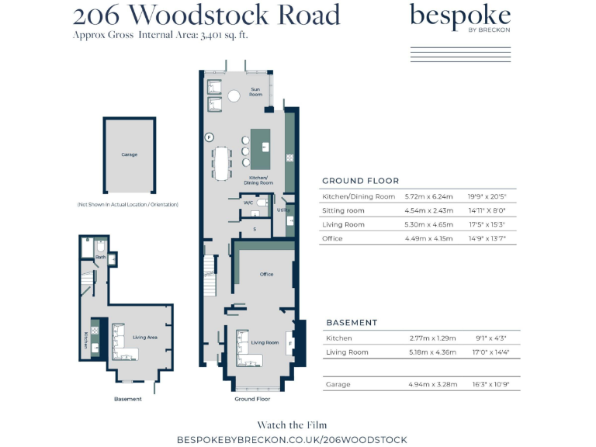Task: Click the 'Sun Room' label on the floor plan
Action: (255, 92)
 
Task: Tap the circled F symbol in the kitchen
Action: (209, 137)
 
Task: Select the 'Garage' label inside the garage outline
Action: (130, 154)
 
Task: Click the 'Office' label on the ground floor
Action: (266, 274)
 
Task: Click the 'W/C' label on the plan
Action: (248, 203)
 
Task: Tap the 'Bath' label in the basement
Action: (100, 257)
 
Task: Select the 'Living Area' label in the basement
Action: (145, 338)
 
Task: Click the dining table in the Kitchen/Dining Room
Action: (223, 162)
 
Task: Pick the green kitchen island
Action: (261, 149)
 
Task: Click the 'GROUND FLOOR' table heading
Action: (360, 181)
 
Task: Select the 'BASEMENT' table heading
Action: (352, 322)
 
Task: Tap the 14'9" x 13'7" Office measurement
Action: (487, 239)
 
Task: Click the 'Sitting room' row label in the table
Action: (343, 211)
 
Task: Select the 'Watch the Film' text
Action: (292, 424)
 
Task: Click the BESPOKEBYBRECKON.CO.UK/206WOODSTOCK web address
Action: (292, 439)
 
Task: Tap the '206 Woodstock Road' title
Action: (206, 15)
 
